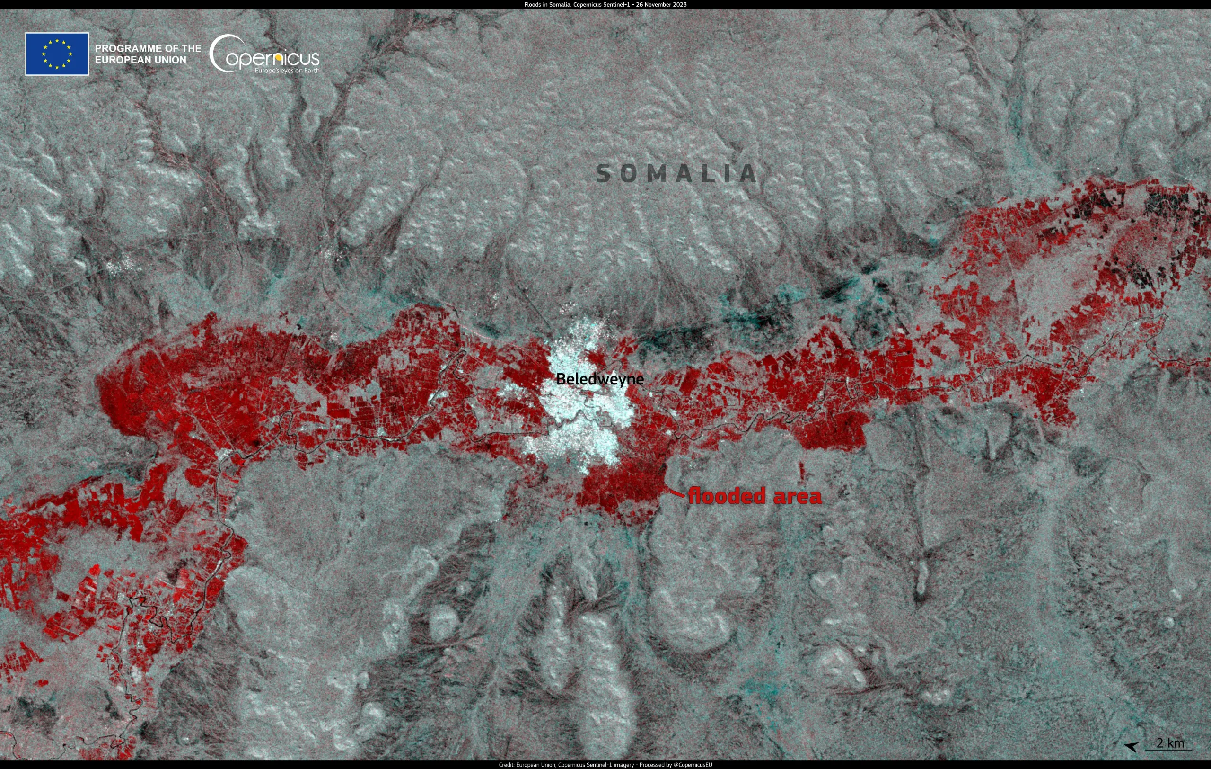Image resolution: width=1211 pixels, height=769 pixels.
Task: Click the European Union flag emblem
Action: [57, 54]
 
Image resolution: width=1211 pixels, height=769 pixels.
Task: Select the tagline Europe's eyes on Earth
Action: [287, 71]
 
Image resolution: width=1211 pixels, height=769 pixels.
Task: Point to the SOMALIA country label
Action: [676, 174]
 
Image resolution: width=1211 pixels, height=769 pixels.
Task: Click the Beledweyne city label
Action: [599, 379]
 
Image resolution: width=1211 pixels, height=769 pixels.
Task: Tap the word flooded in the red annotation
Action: [727, 496]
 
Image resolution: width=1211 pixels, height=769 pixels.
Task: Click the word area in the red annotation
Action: [798, 496]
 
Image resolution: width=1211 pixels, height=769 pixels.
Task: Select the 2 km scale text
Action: [1170, 743]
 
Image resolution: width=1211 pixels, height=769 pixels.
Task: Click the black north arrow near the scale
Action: [1131, 746]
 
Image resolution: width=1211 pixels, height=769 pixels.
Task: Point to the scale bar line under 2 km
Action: [1168, 750]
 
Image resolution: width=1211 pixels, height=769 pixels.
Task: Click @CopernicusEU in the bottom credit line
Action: [693, 765]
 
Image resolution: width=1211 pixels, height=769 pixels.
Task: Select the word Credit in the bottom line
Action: [506, 765]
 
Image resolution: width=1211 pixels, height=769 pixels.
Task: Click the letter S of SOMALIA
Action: [604, 174]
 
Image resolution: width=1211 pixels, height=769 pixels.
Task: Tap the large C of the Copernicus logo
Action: [220, 54]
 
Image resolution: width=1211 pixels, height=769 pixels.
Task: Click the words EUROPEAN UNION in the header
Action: [140, 60]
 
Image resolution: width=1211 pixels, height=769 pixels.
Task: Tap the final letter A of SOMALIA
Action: [749, 174]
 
